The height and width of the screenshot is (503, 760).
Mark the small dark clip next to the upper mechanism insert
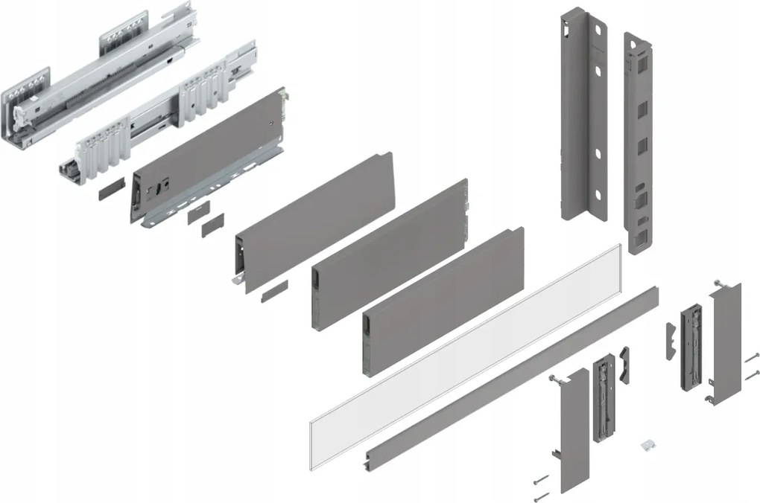click(671, 336)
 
